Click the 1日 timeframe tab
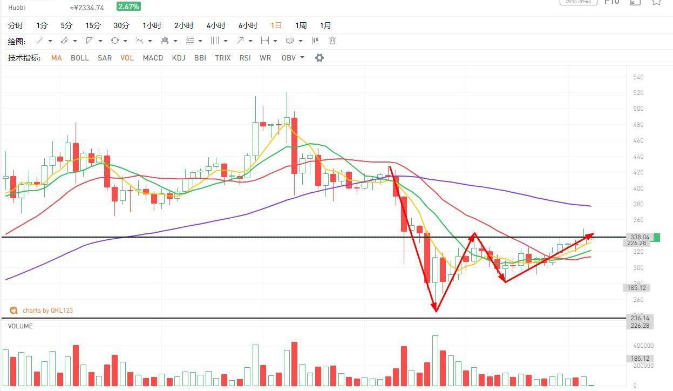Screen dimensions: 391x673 point(276,25)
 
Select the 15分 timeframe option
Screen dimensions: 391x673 point(93,25)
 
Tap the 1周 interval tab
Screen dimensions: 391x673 point(301,25)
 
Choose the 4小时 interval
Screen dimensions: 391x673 point(216,25)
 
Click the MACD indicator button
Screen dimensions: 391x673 point(153,58)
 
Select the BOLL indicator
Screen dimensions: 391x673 point(80,58)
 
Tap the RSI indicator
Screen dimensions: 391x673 point(245,58)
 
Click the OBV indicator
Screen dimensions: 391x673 point(289,58)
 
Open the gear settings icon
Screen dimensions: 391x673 point(319,58)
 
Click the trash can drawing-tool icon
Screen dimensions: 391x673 point(332,41)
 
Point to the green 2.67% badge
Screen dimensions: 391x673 point(129,6)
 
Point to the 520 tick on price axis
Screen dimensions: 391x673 point(638,93)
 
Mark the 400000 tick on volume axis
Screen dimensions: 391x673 point(643,346)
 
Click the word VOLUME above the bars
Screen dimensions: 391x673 point(20,326)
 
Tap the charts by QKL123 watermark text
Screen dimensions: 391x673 point(47,311)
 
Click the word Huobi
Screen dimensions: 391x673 point(17,8)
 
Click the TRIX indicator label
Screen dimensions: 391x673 point(222,58)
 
